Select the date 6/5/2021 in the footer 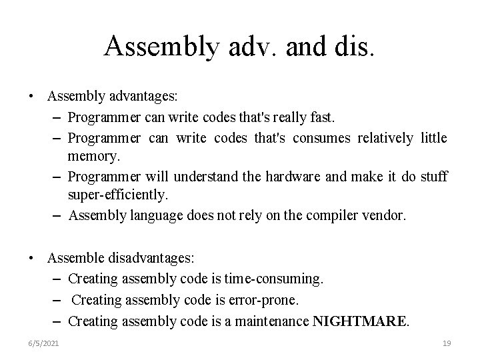coord(44,343)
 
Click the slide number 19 coord(447,343)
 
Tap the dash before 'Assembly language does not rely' coord(57,216)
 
